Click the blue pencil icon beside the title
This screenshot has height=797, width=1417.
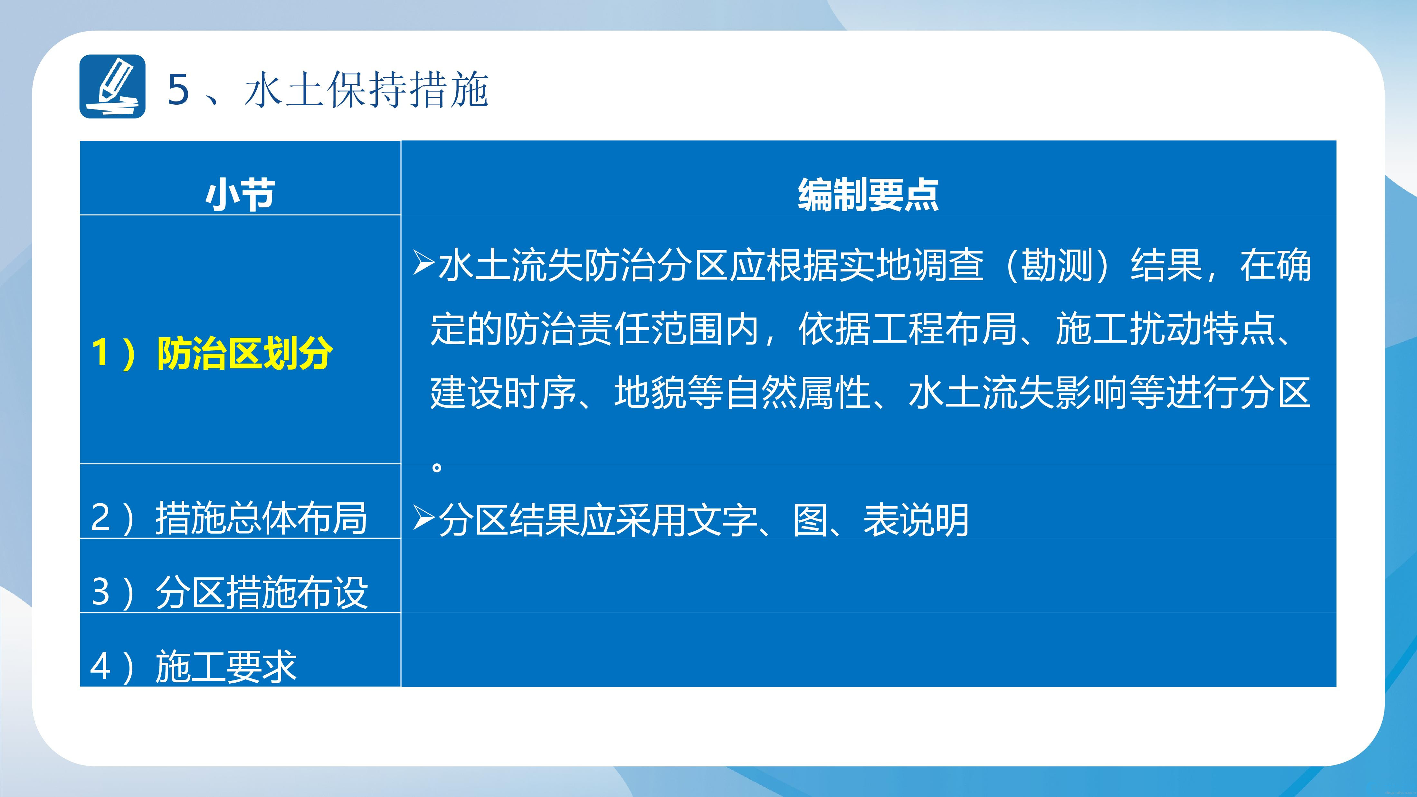(113, 86)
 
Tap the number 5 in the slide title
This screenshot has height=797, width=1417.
(178, 89)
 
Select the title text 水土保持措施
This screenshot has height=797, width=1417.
(366, 89)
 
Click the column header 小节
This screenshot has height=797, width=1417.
(240, 194)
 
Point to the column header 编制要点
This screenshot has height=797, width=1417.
(868, 194)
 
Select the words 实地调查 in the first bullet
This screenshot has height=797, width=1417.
(911, 265)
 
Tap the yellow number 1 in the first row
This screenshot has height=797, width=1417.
(100, 353)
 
